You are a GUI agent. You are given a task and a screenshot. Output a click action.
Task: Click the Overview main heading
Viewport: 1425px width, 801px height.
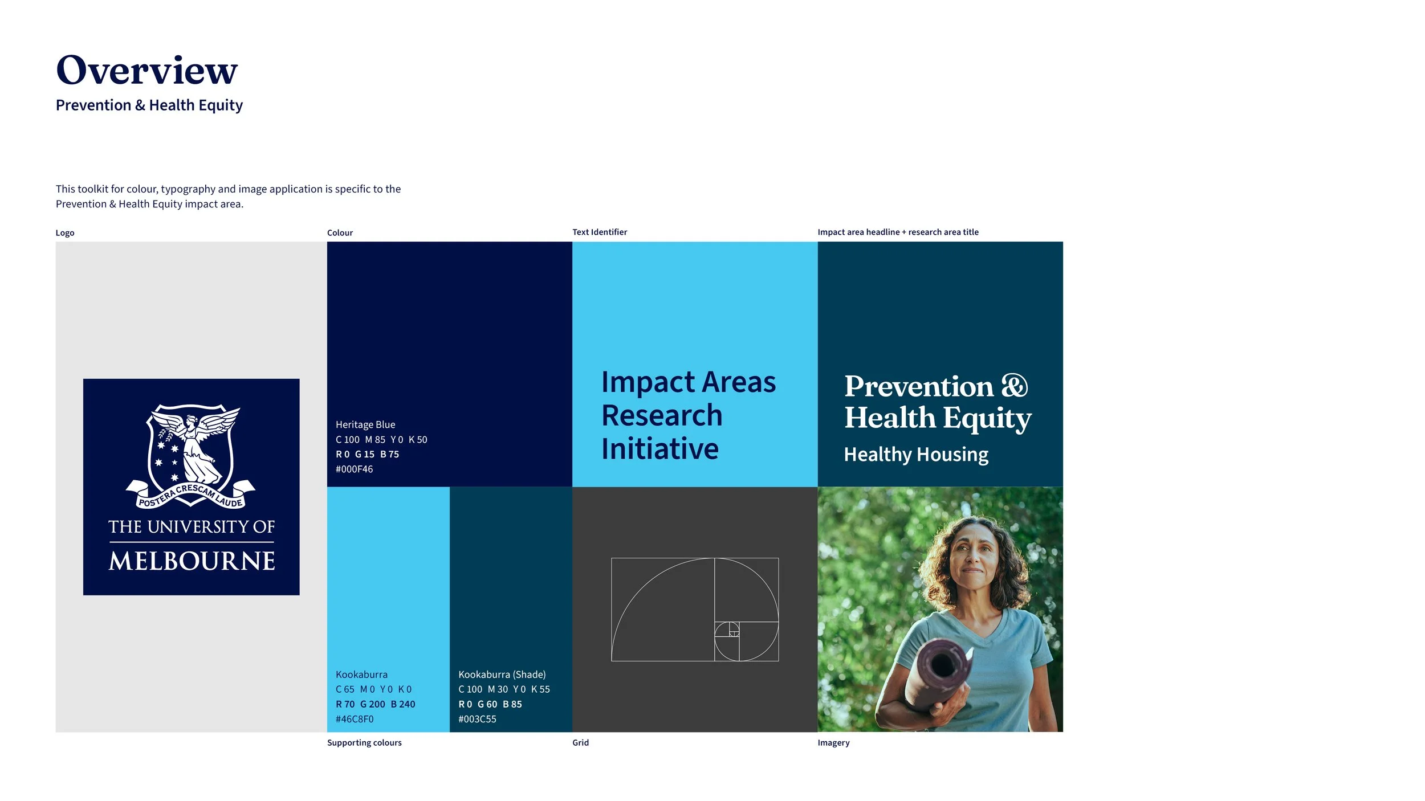146,71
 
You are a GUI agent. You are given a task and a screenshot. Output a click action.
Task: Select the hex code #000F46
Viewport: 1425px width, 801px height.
354,469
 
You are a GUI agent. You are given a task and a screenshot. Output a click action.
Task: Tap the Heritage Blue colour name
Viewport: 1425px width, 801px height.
365,424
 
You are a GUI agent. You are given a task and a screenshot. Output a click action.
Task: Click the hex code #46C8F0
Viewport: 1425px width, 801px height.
355,719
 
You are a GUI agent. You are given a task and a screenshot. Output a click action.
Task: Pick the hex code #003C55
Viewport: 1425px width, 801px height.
477,719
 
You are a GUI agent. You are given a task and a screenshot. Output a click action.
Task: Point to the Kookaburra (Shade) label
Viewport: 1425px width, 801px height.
502,675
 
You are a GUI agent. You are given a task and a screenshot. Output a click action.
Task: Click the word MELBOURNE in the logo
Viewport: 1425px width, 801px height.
192,561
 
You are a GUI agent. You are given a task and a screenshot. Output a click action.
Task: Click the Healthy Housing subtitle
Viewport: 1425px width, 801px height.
915,455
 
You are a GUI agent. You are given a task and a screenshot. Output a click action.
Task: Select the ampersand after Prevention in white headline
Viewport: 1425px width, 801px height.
1015,386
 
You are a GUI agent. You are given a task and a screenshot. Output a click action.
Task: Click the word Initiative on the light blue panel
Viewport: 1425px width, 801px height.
659,449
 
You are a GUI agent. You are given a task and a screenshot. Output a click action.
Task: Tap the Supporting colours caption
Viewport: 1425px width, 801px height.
364,743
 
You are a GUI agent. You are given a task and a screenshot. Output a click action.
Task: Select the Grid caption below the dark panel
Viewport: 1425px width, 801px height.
580,743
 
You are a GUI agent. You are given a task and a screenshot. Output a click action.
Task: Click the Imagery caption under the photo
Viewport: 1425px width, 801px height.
833,743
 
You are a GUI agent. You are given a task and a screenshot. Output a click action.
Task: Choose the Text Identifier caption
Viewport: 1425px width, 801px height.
599,232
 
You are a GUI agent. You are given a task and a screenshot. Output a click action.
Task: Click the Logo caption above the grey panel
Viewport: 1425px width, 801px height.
65,233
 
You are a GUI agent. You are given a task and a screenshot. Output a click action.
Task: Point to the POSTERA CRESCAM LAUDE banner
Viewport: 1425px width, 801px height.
190,495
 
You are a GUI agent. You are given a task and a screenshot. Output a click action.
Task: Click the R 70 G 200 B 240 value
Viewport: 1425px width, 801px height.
375,704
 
